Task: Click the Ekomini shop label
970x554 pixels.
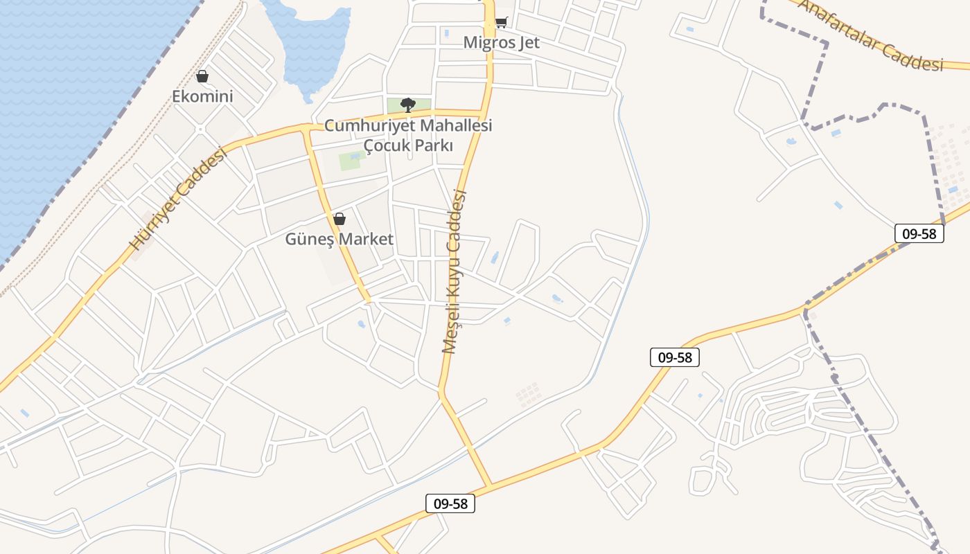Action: [202, 96]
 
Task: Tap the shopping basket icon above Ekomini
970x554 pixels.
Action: [202, 76]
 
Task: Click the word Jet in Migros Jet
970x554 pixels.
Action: [527, 42]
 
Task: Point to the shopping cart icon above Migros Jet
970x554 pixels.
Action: [501, 22]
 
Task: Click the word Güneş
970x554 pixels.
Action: [308, 240]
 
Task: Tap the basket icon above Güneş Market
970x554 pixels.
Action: [339, 220]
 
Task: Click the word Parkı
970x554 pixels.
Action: [434, 146]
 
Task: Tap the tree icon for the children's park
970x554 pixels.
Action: [408, 105]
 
